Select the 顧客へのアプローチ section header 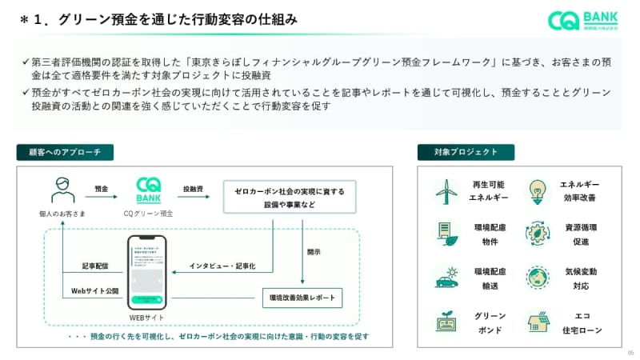coord(65,152)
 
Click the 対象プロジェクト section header coord(466,152)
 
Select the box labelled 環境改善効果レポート coord(302,298)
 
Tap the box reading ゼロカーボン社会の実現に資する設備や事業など coord(290,197)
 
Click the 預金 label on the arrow coord(101,188)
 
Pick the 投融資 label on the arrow coord(193,188)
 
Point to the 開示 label coord(314,252)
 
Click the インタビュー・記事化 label coord(222,266)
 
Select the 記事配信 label coord(94,266)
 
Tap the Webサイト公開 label coord(94,290)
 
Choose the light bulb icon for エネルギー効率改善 coord(537,190)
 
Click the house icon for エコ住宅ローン coord(537,322)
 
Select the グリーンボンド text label coord(489,322)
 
